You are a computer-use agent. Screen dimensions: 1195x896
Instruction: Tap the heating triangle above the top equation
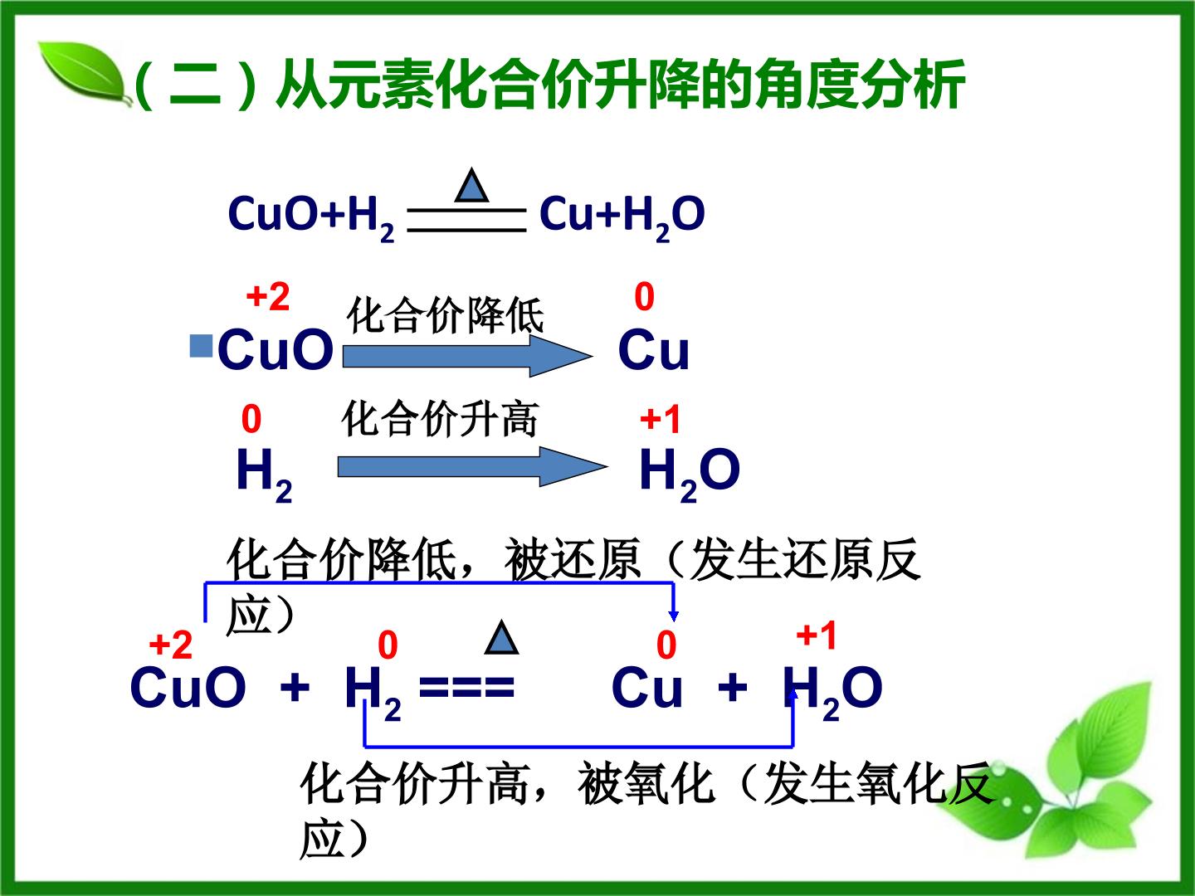coord(471,186)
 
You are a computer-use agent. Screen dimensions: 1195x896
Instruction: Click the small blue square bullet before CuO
coord(201,346)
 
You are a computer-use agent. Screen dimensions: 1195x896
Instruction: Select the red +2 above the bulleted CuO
coord(268,297)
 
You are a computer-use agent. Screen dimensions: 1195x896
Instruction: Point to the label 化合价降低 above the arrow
coord(446,315)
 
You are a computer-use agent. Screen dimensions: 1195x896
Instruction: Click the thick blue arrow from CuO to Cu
coord(468,356)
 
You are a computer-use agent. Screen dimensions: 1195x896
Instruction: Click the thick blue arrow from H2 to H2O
coord(472,467)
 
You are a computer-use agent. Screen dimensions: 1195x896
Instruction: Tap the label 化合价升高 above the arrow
coord(440,419)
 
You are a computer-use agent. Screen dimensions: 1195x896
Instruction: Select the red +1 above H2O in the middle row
coord(661,420)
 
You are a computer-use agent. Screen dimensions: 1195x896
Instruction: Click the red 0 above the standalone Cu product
coord(644,297)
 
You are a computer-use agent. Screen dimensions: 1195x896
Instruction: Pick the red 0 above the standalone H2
coord(251,420)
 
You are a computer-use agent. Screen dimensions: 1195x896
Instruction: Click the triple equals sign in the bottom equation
coord(466,687)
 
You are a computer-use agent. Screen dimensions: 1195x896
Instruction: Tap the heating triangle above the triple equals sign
coord(501,638)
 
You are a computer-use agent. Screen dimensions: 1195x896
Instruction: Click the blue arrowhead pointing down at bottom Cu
coord(674,616)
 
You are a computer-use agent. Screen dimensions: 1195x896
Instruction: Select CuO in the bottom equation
coord(188,687)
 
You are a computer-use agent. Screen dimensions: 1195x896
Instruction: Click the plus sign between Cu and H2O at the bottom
coord(733,687)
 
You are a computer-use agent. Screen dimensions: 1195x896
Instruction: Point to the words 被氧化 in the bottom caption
coord(646,784)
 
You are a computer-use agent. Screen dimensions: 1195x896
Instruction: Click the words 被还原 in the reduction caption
coord(572,560)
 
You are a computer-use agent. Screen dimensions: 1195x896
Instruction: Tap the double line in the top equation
coord(466,220)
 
